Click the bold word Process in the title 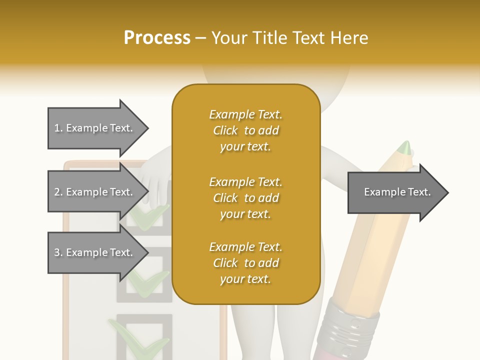pos(157,38)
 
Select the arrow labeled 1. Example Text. pos(95,128)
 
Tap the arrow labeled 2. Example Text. pos(95,192)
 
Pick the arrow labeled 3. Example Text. pos(95,252)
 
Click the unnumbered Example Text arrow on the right pos(397,192)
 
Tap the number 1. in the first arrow pos(58,128)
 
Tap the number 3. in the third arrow pos(58,252)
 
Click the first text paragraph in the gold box pos(245,130)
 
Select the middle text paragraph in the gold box pos(245,198)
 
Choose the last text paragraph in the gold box pos(245,263)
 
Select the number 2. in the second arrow pos(58,192)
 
